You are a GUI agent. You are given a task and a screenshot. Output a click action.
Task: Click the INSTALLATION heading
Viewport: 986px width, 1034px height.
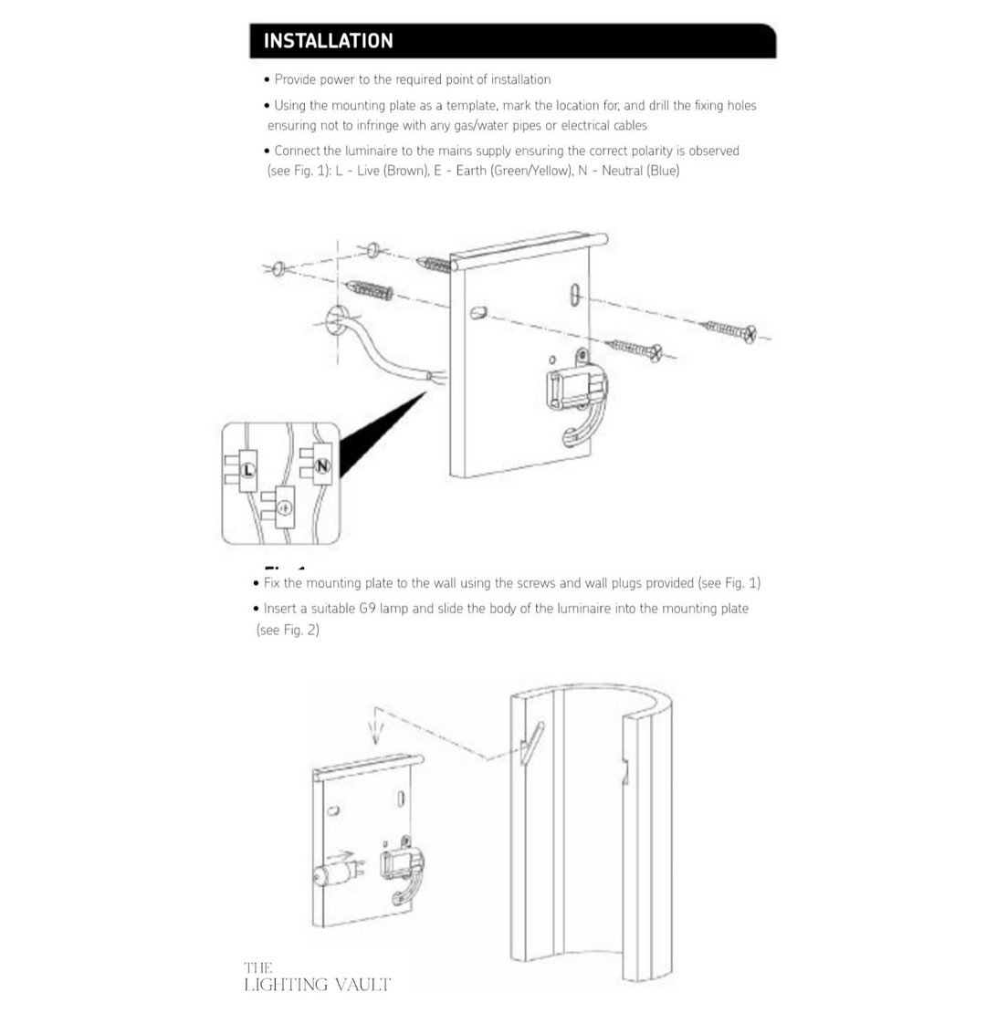pyautogui.click(x=328, y=41)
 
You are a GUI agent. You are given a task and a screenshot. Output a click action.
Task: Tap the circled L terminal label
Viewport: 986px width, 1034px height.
pyautogui.click(x=246, y=470)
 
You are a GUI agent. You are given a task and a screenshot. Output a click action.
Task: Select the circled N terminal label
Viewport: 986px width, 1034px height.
pyautogui.click(x=321, y=467)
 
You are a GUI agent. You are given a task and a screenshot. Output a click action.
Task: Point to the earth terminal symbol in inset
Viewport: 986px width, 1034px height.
pyautogui.click(x=285, y=507)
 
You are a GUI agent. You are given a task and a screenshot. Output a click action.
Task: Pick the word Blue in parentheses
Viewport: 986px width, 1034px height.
pyautogui.click(x=662, y=171)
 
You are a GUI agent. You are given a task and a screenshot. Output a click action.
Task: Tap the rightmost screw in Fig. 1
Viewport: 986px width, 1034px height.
pyautogui.click(x=730, y=330)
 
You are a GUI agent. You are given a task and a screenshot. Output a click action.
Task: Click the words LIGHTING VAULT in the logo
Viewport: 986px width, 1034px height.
pyautogui.click(x=317, y=985)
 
